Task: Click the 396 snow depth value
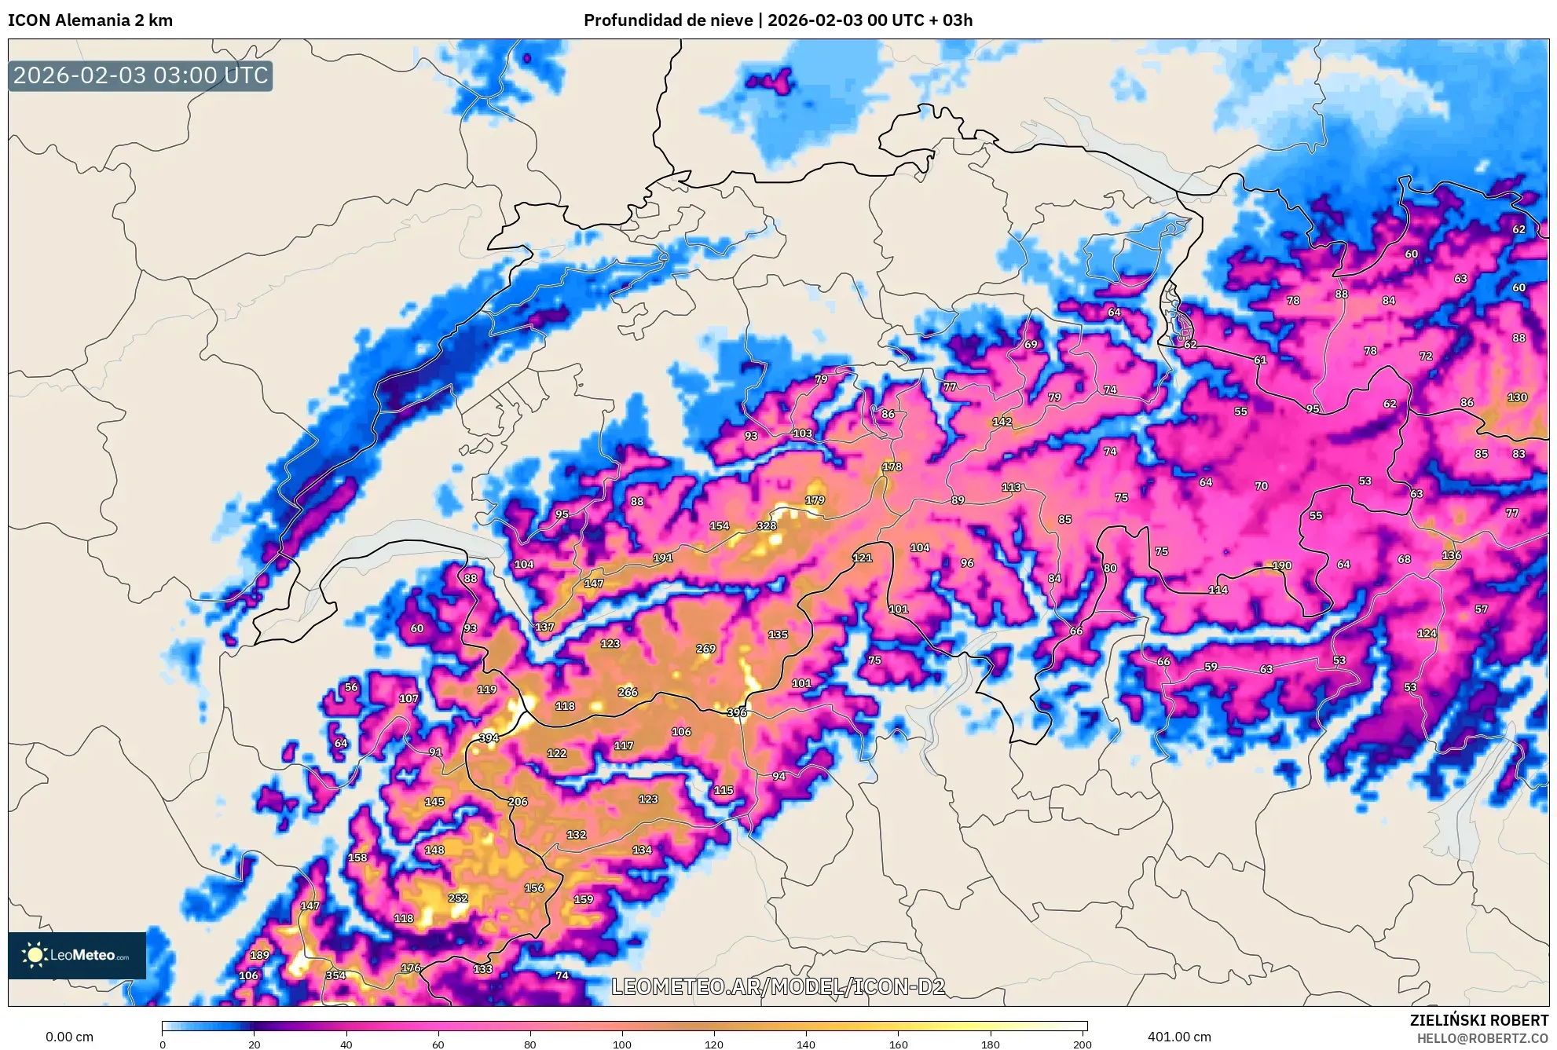736,712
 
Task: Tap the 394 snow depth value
489,737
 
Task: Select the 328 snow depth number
766,526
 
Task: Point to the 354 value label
335,975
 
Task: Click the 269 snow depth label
705,649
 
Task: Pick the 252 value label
457,898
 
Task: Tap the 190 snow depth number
1281,565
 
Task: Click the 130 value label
1517,397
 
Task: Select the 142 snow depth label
1002,422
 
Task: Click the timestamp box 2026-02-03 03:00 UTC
141,75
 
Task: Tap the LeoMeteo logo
77,955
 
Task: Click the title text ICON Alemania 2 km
90,20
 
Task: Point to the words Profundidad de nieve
668,20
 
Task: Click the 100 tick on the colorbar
621,1044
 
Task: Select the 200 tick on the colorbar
1082,1044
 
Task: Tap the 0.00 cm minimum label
69,1037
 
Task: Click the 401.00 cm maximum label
1178,1037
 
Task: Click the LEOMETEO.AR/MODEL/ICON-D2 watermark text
778,986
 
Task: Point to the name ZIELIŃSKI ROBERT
1478,1020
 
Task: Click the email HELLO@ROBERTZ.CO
1482,1038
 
